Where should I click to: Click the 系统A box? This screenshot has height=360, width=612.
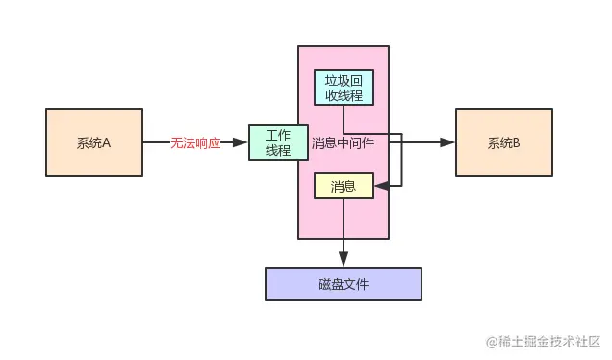click(x=94, y=142)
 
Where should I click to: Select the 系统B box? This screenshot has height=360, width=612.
click(x=503, y=142)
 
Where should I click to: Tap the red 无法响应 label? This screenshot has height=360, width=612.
click(x=195, y=142)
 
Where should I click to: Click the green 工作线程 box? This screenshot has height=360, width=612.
click(x=277, y=142)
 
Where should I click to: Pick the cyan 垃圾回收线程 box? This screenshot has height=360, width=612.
click(x=344, y=88)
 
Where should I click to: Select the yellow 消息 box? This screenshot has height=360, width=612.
click(x=344, y=185)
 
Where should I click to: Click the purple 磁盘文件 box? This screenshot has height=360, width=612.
click(x=344, y=283)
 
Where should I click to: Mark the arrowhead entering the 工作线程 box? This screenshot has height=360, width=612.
click(x=242, y=142)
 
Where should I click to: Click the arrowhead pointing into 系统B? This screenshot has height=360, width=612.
click(x=448, y=142)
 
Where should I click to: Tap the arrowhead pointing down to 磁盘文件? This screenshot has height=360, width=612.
click(x=344, y=260)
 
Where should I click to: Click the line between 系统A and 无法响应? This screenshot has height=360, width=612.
click(x=156, y=142)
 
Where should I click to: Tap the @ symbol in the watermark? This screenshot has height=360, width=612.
click(x=492, y=342)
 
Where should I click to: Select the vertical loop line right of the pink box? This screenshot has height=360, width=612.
click(x=401, y=159)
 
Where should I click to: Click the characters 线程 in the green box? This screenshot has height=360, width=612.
click(x=277, y=151)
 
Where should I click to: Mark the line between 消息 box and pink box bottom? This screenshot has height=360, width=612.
click(x=344, y=218)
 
